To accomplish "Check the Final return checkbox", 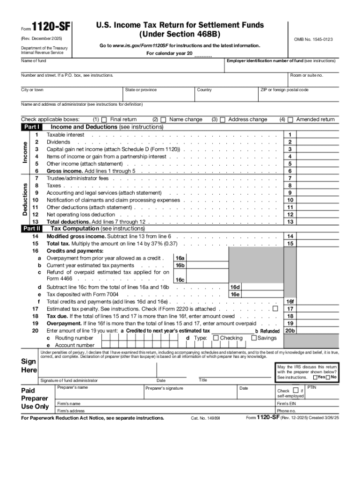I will pos(104,119).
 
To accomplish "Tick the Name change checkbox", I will pos(163,119).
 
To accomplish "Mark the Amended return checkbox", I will pos(290,119).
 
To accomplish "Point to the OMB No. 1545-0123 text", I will pos(313,40).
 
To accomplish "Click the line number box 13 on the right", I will pos(290,222).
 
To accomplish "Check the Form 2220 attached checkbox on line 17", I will pos(275,309).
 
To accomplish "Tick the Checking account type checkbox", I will pos(216,338).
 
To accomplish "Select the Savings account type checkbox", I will pos(254,338).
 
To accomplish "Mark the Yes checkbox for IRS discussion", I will pos(316,377).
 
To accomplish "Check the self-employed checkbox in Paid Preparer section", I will pos(296,390).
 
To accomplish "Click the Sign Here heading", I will pos(29,366).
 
